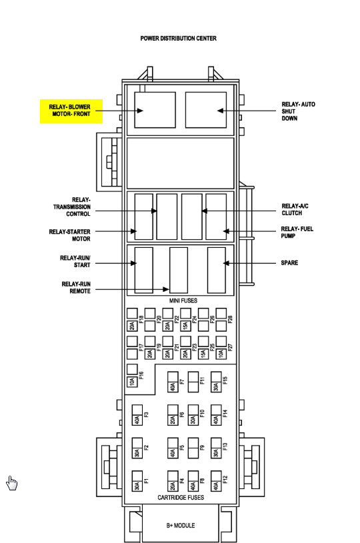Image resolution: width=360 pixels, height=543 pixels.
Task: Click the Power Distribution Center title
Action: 178,39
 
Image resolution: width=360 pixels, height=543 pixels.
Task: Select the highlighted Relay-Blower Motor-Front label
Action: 71,111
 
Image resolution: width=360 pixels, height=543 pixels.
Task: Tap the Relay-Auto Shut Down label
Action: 298,111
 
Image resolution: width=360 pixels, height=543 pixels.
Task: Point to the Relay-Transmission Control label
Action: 72,207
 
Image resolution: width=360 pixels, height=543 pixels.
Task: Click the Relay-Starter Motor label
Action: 69,235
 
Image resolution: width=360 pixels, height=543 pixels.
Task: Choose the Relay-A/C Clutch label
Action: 295,209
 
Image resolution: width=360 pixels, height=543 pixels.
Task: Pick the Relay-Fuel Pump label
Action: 297,233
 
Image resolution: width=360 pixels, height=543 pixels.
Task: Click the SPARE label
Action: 289,263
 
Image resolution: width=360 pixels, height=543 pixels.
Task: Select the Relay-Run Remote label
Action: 76,288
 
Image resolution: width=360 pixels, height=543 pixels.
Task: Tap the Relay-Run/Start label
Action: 75,261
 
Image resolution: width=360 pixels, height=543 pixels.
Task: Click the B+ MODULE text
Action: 181,525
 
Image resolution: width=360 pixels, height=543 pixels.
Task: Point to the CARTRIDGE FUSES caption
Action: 181,498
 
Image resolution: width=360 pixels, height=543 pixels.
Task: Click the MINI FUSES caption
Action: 183,300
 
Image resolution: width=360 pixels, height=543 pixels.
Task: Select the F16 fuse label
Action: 141,375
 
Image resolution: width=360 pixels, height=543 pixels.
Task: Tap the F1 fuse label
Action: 146,480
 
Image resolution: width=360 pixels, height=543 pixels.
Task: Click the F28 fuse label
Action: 231,319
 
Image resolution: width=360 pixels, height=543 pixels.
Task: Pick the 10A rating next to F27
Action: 221,354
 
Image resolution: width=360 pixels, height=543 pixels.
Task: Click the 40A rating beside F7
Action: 173,386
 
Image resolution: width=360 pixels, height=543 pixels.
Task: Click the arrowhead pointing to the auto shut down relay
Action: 221,111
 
